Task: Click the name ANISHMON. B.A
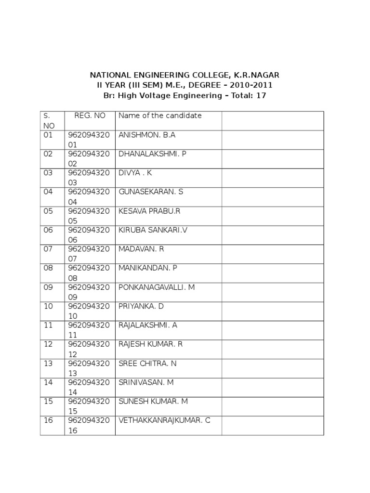point(147,135)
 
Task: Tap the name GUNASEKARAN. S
point(151,192)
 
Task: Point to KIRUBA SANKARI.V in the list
point(153,230)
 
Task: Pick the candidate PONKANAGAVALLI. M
point(157,287)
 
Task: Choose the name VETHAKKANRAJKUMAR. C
point(164,420)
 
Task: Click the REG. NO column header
point(90,116)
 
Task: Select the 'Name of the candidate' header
point(160,116)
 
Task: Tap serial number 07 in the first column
point(48,249)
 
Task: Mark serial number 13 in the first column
point(48,363)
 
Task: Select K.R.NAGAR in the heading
point(257,75)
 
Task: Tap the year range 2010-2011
point(251,85)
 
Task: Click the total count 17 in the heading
point(261,95)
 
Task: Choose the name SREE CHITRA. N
point(147,363)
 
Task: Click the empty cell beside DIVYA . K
point(272,178)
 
